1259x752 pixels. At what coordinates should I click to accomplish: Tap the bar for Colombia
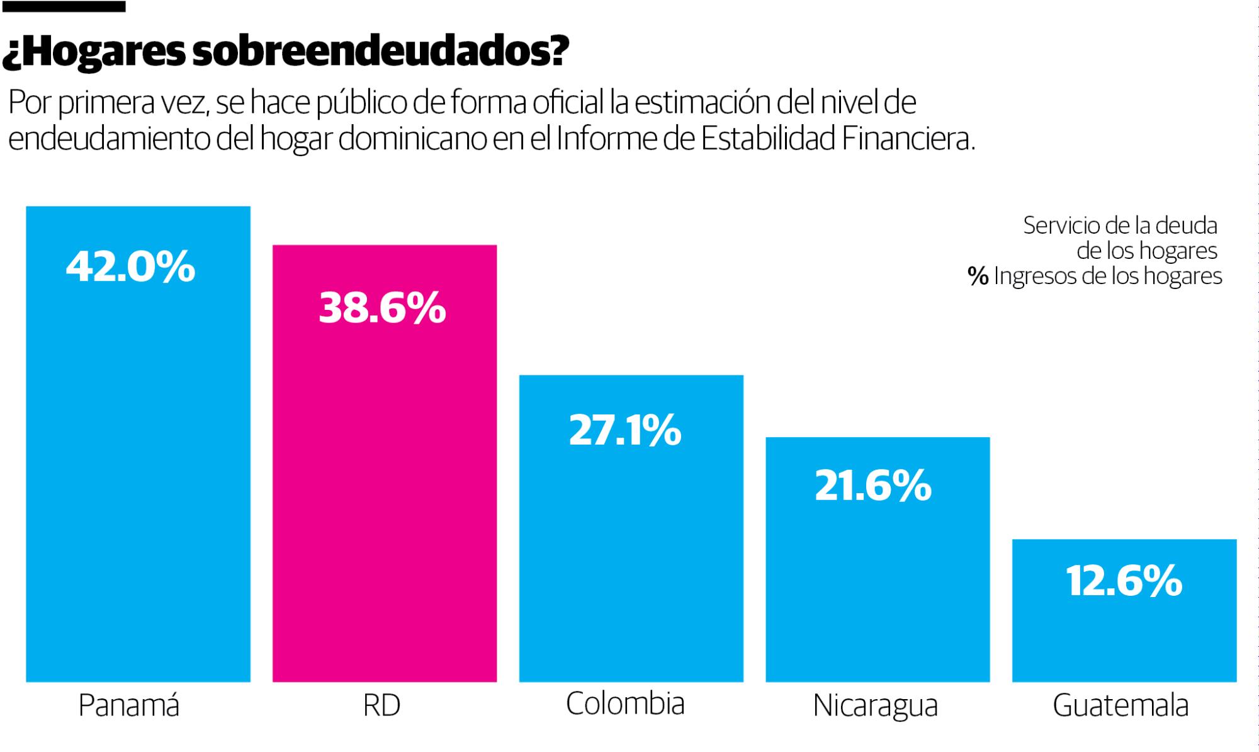(x=631, y=554)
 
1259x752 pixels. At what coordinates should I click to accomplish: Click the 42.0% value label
(x=130, y=266)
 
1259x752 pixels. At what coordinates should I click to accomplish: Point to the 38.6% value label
(x=382, y=308)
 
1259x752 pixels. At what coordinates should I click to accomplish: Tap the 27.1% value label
(x=624, y=431)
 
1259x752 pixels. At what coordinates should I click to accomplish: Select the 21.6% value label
(x=872, y=486)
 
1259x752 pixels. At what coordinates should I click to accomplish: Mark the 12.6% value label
(x=1124, y=581)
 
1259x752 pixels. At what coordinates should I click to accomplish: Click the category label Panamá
(x=129, y=705)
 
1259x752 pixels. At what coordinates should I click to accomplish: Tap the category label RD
(x=381, y=705)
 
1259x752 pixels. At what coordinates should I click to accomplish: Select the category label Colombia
(x=624, y=704)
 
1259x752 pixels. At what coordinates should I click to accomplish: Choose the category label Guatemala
(x=1121, y=705)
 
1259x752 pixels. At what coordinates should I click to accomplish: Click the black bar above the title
(x=63, y=6)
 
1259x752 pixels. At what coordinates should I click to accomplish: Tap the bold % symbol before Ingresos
(x=978, y=276)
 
